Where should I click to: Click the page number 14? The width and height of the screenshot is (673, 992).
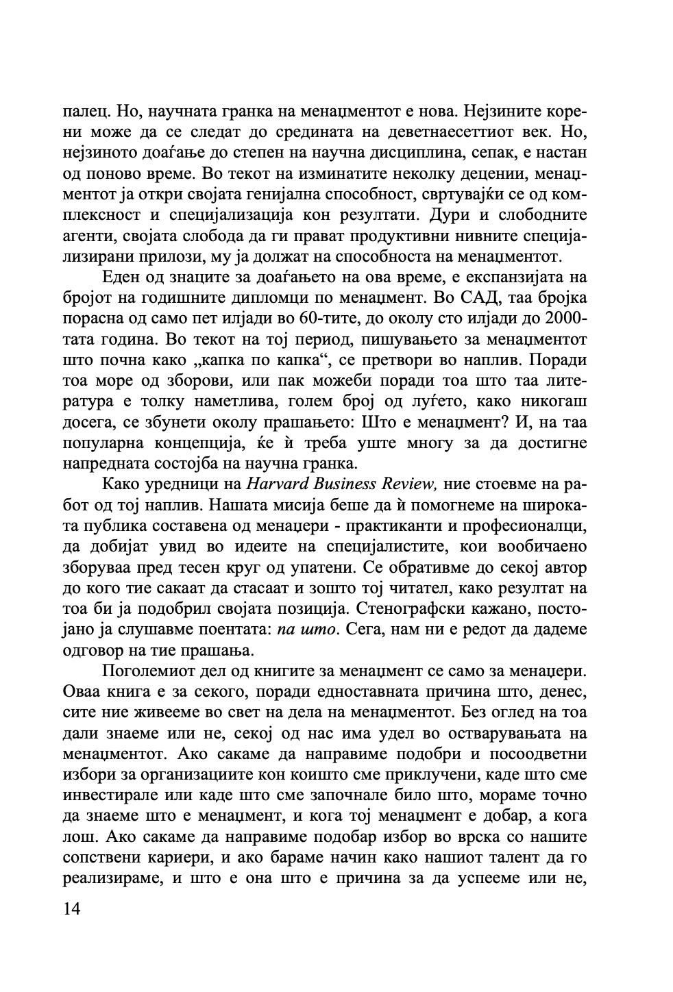pos(71,909)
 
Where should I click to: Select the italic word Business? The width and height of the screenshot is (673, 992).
pos(343,484)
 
